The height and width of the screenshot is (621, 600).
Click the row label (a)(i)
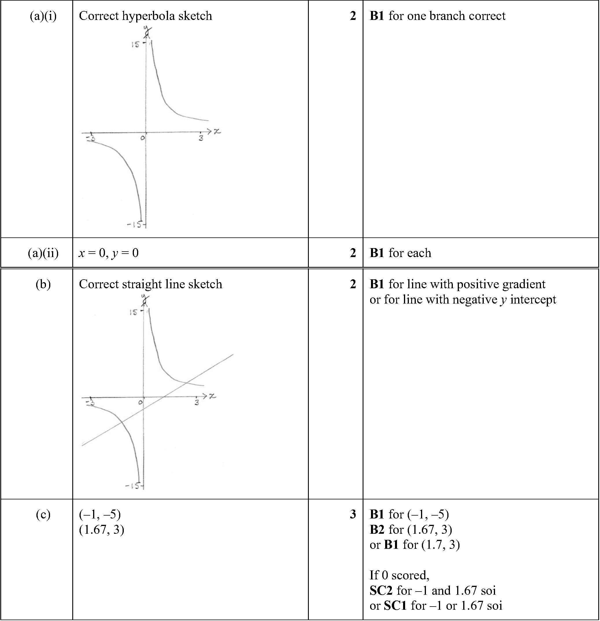point(43,16)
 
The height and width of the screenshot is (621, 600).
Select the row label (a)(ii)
point(43,253)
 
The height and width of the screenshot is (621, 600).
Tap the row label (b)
point(43,284)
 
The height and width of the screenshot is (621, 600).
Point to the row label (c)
point(43,514)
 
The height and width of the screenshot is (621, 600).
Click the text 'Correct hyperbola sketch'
point(145,16)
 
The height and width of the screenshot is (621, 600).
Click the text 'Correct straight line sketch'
point(150,284)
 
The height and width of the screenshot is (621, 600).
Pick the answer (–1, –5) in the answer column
point(100,514)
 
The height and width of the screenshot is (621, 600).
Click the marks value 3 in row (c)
point(353,514)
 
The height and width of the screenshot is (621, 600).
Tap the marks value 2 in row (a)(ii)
point(353,253)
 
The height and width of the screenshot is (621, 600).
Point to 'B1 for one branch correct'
point(437,16)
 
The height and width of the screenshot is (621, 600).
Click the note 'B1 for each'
point(400,253)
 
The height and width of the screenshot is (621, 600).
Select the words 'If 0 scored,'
point(399,575)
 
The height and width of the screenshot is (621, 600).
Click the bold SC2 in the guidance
point(381,590)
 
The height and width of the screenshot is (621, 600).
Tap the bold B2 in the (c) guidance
point(377,529)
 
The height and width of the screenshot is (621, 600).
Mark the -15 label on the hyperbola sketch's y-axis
point(134,225)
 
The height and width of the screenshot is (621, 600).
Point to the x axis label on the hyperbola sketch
point(217,131)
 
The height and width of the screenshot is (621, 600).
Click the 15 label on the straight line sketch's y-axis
point(134,313)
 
